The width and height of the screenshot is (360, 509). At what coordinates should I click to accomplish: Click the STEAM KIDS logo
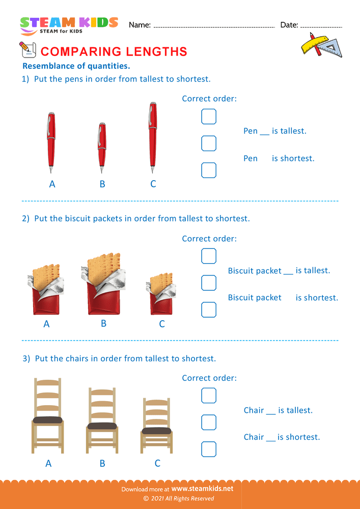coord(69,24)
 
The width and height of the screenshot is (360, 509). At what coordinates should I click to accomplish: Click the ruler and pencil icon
coord(321,45)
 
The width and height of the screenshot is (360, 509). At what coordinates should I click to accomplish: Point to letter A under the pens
coord(52,184)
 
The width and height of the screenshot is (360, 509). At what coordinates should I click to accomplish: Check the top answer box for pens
coord(209,117)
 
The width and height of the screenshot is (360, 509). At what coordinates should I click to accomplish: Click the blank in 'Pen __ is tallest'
coord(264,132)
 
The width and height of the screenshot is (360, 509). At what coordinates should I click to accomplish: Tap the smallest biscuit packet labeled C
coord(162,295)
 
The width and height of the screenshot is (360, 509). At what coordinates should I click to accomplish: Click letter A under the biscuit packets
coord(46,324)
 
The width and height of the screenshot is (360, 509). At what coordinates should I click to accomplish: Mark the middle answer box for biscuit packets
coord(209,282)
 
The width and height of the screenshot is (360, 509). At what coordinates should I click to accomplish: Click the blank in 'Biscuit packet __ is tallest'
coord(288,272)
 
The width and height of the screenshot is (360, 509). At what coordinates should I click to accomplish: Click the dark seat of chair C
coord(157,431)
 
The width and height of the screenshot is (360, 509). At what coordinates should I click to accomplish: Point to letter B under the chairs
coord(102,463)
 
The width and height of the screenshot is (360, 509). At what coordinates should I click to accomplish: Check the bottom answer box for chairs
coord(209,449)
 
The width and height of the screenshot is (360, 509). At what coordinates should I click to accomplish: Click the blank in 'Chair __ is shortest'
coord(271,438)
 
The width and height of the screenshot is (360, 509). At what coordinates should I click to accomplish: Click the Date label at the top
coord(289,25)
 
